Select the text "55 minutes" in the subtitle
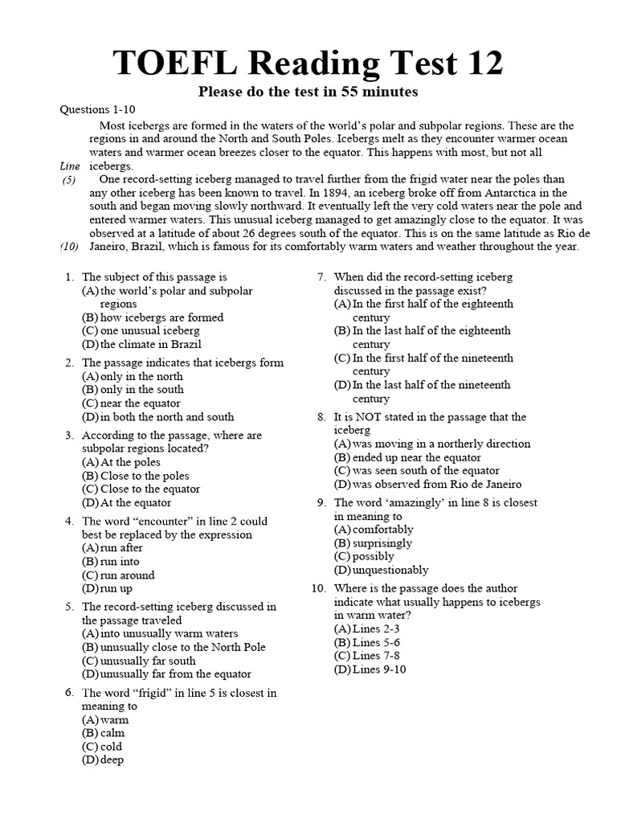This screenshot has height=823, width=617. click(x=384, y=92)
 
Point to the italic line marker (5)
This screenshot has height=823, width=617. click(x=70, y=180)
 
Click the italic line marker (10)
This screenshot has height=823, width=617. click(x=68, y=247)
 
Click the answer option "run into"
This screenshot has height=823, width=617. click(x=120, y=562)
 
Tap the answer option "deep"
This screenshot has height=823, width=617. click(x=112, y=760)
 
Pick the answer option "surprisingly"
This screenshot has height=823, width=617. click(x=382, y=543)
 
